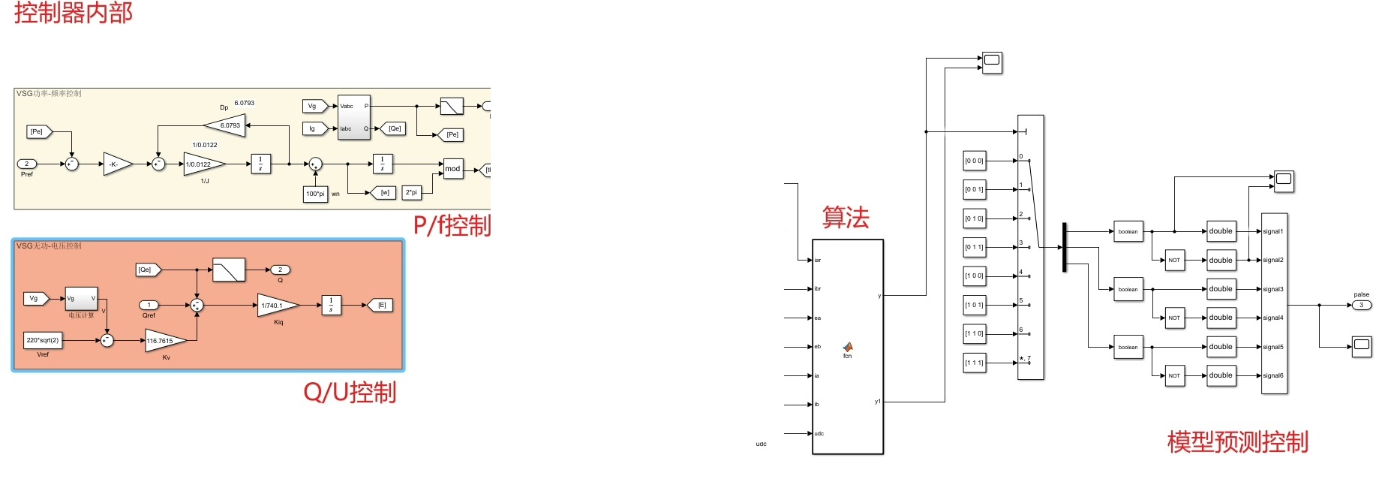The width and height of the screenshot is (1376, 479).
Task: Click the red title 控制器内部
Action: coord(73,13)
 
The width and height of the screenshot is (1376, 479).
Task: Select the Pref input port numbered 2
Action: coord(26,164)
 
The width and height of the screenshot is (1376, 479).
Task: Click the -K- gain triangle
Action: coord(116,164)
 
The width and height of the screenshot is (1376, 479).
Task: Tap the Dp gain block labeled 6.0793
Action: coord(227,125)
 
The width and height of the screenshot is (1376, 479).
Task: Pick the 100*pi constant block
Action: coord(315,194)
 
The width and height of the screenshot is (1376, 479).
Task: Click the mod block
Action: coord(452,169)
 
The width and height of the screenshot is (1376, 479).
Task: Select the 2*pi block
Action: coord(411,193)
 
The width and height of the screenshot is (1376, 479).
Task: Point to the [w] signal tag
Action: coord(383,193)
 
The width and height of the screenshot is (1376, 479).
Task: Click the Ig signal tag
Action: coord(314,128)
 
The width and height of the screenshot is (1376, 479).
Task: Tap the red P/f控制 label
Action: coord(452,225)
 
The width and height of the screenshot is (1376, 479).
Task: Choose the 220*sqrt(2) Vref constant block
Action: coord(43,341)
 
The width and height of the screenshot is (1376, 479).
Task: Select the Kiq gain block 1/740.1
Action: coord(275,306)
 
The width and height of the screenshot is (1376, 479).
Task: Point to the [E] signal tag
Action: coord(380,306)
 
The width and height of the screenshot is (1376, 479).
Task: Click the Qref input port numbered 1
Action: coord(149,305)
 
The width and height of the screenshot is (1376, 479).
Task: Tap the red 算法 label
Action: coord(846,218)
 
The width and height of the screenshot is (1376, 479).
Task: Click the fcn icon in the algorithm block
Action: coord(848,348)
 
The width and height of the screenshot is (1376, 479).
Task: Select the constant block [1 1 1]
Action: coord(974,363)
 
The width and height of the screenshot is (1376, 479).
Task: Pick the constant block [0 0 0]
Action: coord(974,161)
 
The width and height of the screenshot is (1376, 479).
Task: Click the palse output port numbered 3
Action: coord(1361,305)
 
